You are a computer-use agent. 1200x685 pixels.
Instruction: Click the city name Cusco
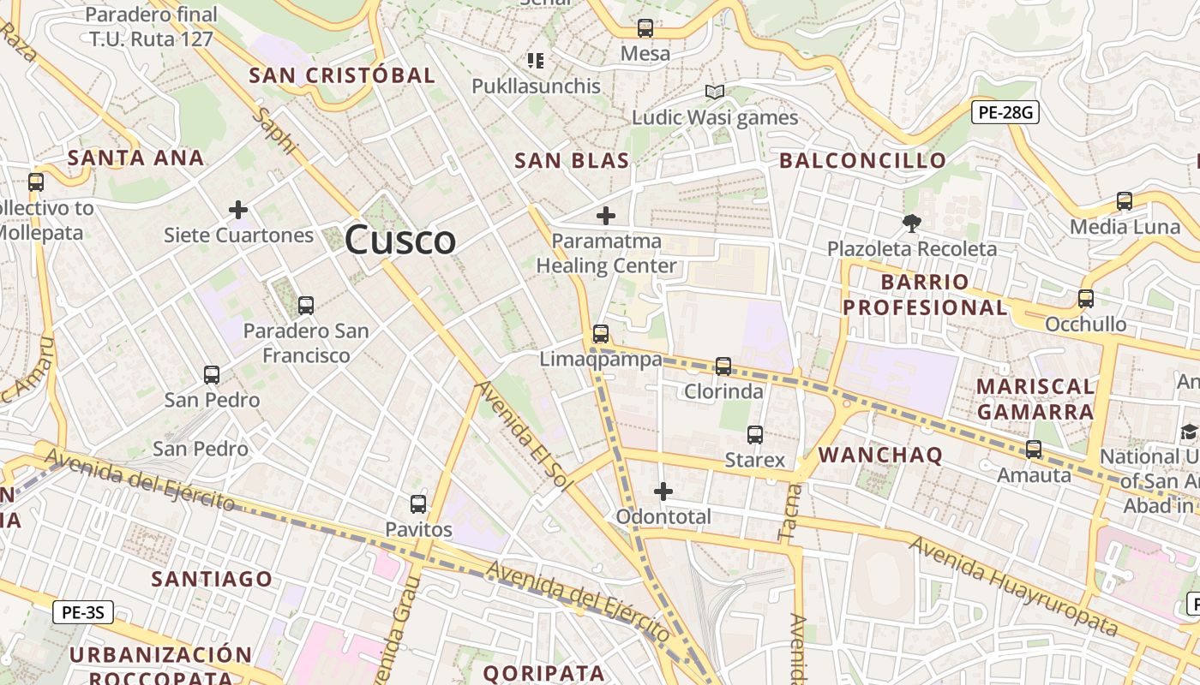click(400, 241)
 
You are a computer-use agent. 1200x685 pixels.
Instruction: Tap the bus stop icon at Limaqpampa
click(601, 334)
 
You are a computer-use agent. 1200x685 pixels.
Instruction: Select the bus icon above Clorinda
click(723, 366)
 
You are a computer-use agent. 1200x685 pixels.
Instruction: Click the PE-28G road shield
click(1005, 112)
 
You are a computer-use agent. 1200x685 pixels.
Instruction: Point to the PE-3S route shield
click(83, 612)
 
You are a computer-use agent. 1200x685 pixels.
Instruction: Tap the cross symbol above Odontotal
click(663, 491)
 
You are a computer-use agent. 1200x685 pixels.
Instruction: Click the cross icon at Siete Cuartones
click(238, 209)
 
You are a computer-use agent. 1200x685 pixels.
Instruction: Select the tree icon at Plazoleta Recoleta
click(912, 223)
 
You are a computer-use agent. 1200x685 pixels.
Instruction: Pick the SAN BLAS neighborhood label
click(572, 160)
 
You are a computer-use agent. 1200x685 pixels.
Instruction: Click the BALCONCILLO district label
click(862, 160)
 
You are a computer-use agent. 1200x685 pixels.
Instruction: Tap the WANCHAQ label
click(880, 455)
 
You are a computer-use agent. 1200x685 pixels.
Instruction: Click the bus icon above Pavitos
click(418, 504)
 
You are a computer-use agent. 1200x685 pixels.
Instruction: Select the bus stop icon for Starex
click(755, 435)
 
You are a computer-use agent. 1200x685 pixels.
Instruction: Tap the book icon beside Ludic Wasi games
click(715, 92)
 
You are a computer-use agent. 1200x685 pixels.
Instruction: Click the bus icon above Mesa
click(645, 28)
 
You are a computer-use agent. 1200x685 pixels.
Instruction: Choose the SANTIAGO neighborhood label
click(212, 579)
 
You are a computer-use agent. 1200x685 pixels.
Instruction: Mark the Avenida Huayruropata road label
click(1013, 587)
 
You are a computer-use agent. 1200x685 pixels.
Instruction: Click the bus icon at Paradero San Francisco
click(306, 305)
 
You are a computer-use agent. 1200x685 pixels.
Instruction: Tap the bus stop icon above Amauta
click(1034, 449)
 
